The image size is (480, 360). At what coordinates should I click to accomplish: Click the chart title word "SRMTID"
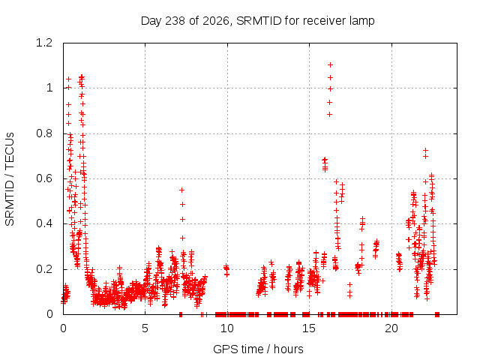(x=259, y=21)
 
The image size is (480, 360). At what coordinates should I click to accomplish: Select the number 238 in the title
(x=175, y=21)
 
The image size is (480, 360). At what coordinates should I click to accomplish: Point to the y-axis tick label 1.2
(x=44, y=43)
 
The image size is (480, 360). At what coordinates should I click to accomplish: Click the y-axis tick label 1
(x=49, y=88)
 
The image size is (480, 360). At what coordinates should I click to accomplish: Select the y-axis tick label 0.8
(x=44, y=133)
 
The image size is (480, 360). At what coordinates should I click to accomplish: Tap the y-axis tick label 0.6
(x=44, y=178)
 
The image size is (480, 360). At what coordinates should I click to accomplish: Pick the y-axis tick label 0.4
(x=44, y=223)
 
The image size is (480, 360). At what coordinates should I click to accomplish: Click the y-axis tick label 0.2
(x=44, y=269)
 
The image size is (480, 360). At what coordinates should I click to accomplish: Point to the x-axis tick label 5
(x=145, y=328)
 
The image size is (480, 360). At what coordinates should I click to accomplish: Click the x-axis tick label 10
(x=227, y=328)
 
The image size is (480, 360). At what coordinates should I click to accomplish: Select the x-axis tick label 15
(x=309, y=328)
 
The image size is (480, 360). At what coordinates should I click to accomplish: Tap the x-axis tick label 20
(x=391, y=328)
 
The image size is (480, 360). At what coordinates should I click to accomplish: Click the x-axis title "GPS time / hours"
(x=258, y=349)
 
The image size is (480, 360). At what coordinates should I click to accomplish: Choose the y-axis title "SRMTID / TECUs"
(x=10, y=179)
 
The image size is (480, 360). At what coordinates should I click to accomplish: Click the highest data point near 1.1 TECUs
(x=330, y=65)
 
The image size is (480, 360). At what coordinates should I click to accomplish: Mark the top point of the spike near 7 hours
(x=181, y=190)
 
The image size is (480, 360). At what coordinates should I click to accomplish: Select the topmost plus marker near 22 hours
(x=425, y=150)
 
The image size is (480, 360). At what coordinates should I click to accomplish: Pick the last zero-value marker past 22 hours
(x=437, y=314)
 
